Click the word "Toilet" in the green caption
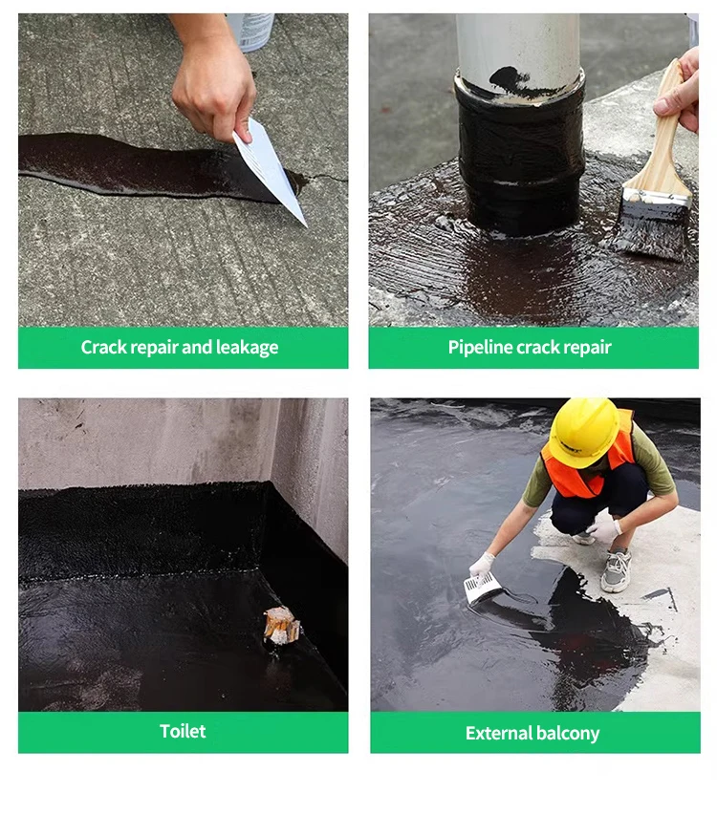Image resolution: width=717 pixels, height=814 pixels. point(183,731)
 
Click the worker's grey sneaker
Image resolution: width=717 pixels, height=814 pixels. point(617,570)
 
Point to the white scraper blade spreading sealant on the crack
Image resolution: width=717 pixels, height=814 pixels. point(271,169)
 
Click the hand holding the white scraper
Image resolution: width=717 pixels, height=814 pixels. point(213,78)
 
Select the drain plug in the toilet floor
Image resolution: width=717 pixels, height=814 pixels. point(281,626)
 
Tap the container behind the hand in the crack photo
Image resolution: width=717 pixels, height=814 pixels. point(250,32)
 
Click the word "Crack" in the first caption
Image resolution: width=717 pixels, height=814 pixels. point(103,347)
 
